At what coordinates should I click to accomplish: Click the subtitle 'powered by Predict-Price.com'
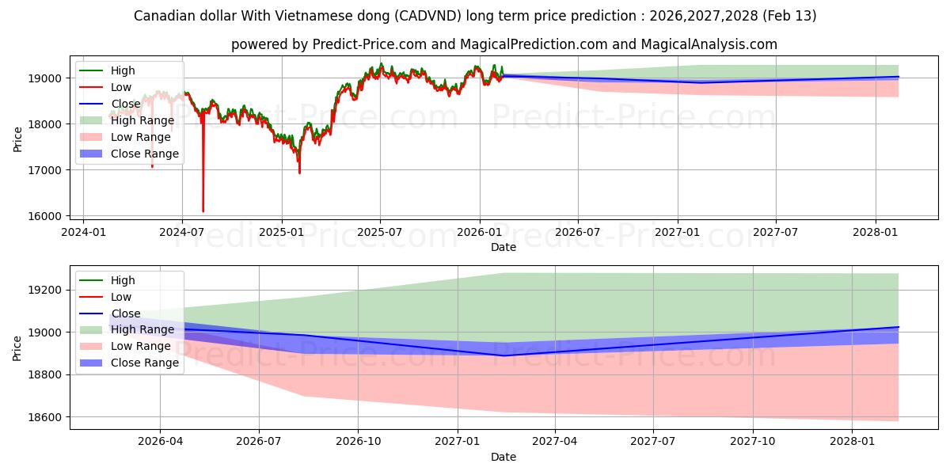click(503, 44)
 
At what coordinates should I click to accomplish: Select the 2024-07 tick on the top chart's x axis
click(182, 232)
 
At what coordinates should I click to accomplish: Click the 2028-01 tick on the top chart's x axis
click(876, 232)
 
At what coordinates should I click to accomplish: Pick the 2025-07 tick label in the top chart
click(380, 232)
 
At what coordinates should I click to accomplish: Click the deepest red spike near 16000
click(203, 210)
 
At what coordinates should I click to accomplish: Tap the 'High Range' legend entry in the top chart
click(142, 120)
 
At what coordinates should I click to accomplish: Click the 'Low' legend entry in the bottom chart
click(122, 297)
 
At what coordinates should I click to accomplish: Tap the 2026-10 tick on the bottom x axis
click(358, 441)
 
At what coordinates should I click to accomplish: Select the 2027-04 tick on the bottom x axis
click(554, 441)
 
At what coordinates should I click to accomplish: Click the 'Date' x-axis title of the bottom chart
click(503, 457)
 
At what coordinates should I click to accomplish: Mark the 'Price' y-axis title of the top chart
click(18, 139)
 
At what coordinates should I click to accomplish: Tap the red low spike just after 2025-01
click(299, 172)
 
